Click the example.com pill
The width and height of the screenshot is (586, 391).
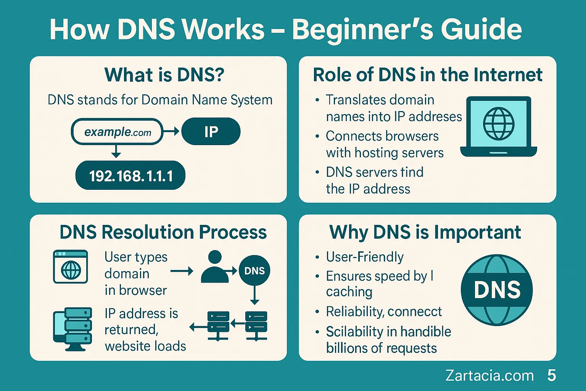pos(117,132)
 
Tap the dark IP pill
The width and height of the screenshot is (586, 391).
pos(211,131)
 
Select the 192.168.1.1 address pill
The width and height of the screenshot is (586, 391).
pos(130,176)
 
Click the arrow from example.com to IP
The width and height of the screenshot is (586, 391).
pos(171,131)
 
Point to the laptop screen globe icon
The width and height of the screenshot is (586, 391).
pos(499,124)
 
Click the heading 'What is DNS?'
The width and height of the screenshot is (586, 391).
pos(164,75)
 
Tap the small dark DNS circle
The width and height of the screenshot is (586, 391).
pos(254,271)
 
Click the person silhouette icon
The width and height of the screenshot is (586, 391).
pos(215,267)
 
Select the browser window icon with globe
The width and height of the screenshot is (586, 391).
pos(70,267)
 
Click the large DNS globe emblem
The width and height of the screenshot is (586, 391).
pos(497,290)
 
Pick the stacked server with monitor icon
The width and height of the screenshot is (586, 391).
pos(72,329)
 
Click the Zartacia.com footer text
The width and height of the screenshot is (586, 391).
pos(489,375)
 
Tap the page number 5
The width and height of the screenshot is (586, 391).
pos(552,375)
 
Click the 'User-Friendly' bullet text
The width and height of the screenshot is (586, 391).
pos(365,257)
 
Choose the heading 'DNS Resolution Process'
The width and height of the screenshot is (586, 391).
pos(163,232)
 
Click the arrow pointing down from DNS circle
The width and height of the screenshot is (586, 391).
pos(254,295)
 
